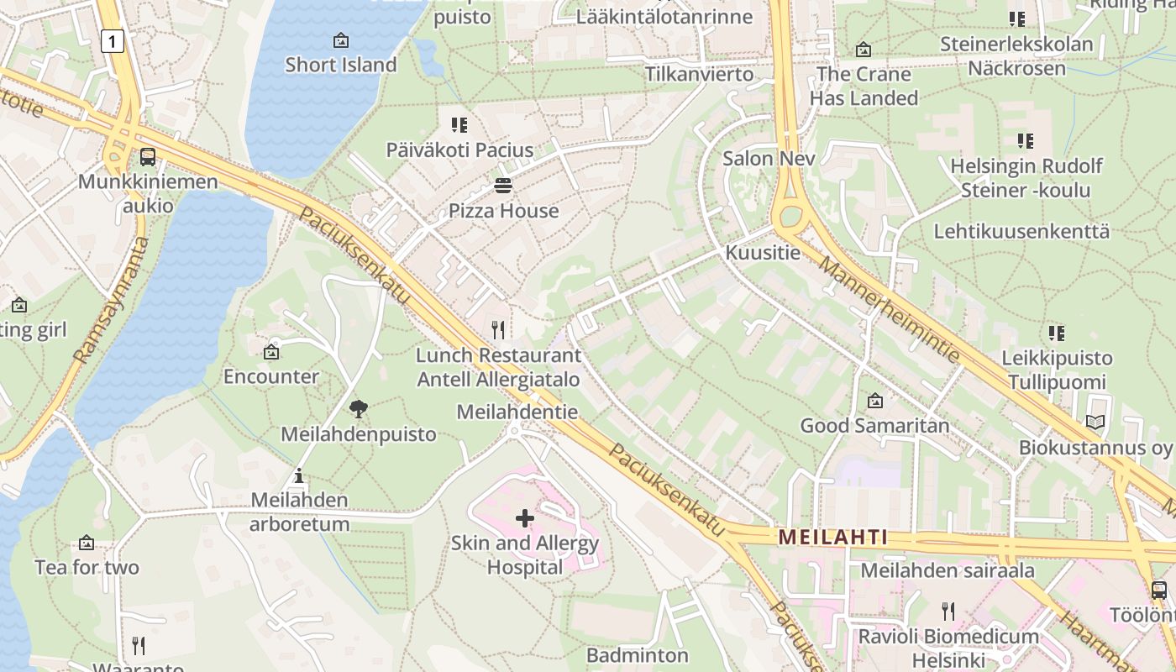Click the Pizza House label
[x=503, y=211]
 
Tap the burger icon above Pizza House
[x=503, y=185]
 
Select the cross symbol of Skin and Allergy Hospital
[x=524, y=518]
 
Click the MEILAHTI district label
[x=832, y=537]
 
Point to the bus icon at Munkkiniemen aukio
[x=148, y=156]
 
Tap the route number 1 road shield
[x=112, y=39]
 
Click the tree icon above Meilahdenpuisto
[x=359, y=409]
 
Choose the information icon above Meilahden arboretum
[x=298, y=476]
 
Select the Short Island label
[x=340, y=65]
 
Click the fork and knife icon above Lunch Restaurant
[x=499, y=329]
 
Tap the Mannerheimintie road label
[x=889, y=309]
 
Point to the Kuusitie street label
[x=763, y=252]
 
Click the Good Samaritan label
[x=874, y=425]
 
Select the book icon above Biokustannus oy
[x=1095, y=423]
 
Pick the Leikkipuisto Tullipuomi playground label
[x=1057, y=370]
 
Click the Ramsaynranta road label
[x=113, y=300]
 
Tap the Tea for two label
[x=87, y=567]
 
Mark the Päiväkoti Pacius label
[x=459, y=150]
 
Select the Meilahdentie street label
[x=517, y=412]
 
